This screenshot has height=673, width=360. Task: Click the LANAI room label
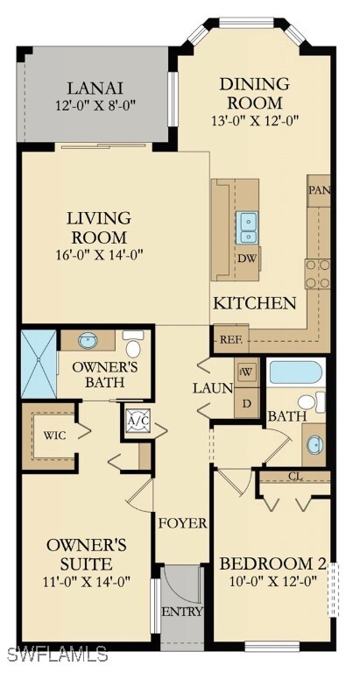click(x=97, y=88)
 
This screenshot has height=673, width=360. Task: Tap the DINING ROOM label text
click(x=254, y=93)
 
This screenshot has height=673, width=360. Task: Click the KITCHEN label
click(x=255, y=303)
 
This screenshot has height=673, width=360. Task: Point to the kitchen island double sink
click(x=248, y=226)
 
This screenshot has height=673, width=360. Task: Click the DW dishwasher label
click(x=247, y=259)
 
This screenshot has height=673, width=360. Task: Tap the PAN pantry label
click(x=318, y=189)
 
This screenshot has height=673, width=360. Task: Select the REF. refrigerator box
click(x=230, y=339)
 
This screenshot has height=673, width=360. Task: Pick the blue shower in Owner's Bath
click(x=39, y=363)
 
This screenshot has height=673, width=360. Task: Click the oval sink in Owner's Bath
click(x=90, y=340)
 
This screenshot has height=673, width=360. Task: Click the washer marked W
click(x=246, y=371)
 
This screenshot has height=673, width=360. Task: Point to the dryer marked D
click(x=246, y=402)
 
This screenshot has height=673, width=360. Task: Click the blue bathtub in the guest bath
click(x=297, y=372)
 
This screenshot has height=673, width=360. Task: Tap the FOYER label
click(x=182, y=523)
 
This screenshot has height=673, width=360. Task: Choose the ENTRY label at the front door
click(x=182, y=612)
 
